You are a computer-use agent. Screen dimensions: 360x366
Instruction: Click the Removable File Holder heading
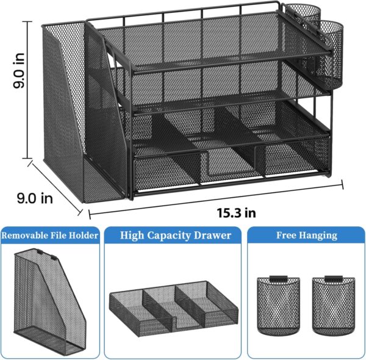click(50, 235)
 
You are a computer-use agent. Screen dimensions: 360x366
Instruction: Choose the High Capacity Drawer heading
click(176, 235)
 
